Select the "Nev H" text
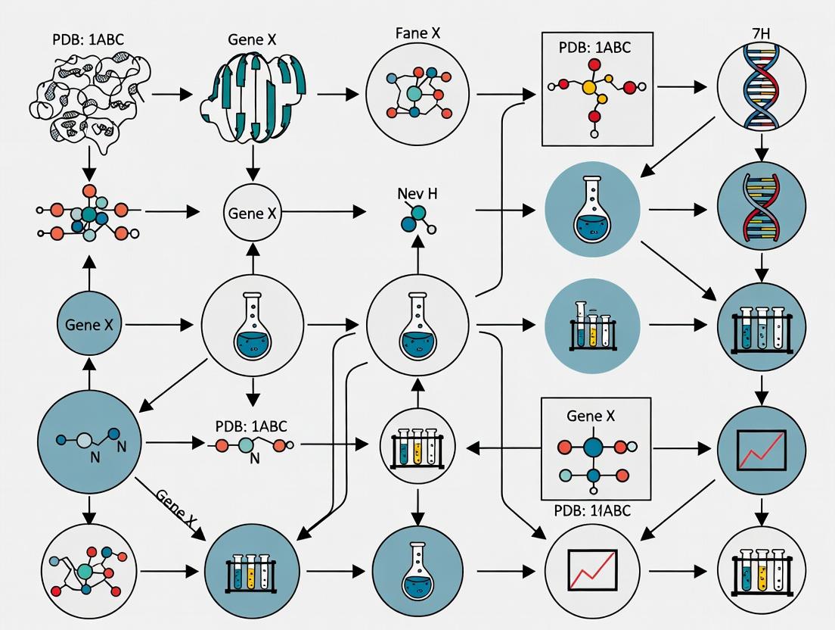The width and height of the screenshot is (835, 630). (417, 193)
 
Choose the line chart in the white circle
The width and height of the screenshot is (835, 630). (592, 569)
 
